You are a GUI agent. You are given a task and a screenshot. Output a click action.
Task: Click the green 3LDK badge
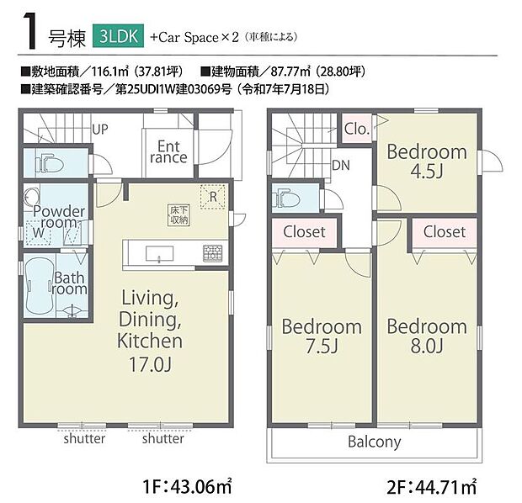[119, 37]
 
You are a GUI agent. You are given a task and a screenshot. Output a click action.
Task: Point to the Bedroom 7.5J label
[321, 336]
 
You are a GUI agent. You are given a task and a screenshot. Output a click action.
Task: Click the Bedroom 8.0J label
[426, 336]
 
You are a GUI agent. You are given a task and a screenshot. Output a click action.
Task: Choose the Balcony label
[376, 442]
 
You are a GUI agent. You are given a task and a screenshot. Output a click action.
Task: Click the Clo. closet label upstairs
[355, 130]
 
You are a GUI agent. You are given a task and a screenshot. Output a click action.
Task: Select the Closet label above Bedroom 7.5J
[305, 231]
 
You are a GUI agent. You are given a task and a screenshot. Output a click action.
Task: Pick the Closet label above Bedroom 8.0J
[444, 231]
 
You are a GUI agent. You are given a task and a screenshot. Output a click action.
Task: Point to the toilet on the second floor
[285, 199]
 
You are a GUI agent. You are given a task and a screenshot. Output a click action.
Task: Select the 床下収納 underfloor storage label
[178, 214]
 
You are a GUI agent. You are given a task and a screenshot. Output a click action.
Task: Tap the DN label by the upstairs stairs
[340, 166]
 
